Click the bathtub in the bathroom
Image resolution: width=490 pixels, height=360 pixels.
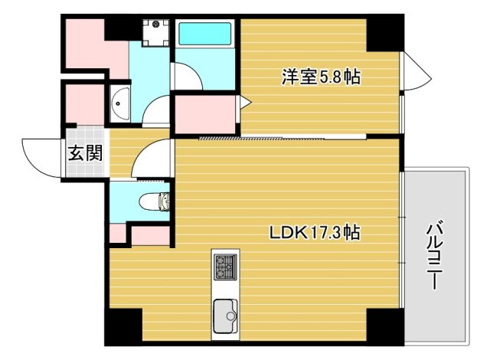[x=204, y=35]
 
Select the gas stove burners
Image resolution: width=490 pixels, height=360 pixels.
[x=225, y=267]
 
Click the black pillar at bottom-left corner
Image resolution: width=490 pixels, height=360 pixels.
[x=124, y=327]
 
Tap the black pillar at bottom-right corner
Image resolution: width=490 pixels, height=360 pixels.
[x=383, y=327]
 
